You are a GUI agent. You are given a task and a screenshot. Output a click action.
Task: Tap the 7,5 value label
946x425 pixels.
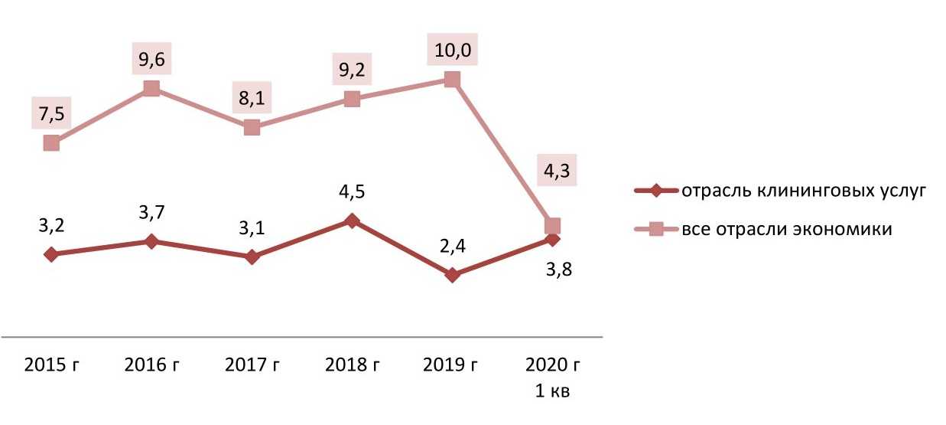[x=50, y=115]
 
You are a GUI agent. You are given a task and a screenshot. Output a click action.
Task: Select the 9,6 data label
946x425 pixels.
[x=151, y=59]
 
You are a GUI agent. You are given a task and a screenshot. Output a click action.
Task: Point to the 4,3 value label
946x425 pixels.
[x=552, y=172]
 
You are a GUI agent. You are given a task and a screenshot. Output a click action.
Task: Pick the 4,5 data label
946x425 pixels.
[x=352, y=190]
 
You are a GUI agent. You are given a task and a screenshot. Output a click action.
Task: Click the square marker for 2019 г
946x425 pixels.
[x=452, y=80]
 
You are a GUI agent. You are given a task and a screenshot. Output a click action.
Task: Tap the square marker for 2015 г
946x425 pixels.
[x=51, y=143]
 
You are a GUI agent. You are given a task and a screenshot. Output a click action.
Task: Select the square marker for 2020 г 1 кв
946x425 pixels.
[x=552, y=226]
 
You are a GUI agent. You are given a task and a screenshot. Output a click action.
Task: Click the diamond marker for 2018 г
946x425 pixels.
[x=352, y=221]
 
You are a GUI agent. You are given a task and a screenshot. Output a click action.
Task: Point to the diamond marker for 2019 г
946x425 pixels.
[x=452, y=275]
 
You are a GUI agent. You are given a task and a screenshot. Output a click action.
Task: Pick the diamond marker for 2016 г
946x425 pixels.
[x=151, y=242]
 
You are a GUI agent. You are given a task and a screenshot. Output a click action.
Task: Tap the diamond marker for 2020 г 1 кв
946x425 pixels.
[x=552, y=240]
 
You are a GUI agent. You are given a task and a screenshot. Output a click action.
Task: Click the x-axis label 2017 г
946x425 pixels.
[x=252, y=365]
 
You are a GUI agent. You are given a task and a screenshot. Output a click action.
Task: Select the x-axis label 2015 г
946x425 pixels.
[x=51, y=365]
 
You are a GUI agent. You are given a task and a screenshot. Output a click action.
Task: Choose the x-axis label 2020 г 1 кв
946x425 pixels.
[x=552, y=378]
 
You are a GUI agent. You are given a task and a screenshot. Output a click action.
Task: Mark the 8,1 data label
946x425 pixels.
[x=252, y=98]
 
